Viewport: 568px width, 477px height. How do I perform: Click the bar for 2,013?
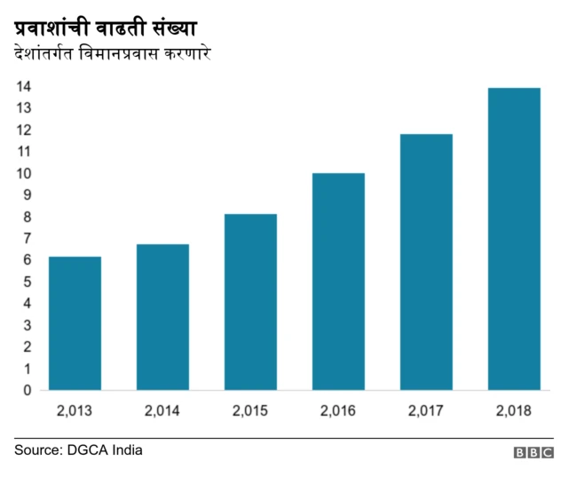75,323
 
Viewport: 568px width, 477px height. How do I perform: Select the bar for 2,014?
162,317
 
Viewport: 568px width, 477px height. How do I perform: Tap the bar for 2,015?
250,302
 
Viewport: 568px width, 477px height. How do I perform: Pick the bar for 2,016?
338,282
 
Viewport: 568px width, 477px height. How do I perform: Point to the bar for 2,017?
426,262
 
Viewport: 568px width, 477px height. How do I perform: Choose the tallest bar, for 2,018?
514,239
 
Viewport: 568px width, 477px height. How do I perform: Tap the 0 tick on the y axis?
28,390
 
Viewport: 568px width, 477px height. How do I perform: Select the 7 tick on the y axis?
28,238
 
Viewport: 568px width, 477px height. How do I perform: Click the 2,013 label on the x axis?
75,411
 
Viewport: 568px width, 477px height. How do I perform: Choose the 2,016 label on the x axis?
338,411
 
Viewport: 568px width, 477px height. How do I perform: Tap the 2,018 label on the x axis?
514,411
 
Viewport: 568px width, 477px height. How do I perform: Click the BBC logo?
532,453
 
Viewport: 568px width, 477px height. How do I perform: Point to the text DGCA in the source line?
86,450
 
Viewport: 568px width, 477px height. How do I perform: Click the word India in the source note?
126,450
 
